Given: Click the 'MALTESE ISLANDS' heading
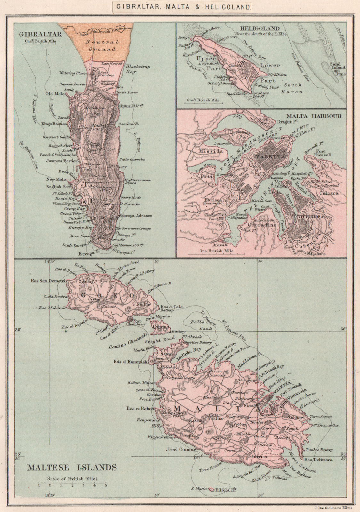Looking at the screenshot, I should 72,467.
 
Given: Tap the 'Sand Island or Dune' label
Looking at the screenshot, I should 338,68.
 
